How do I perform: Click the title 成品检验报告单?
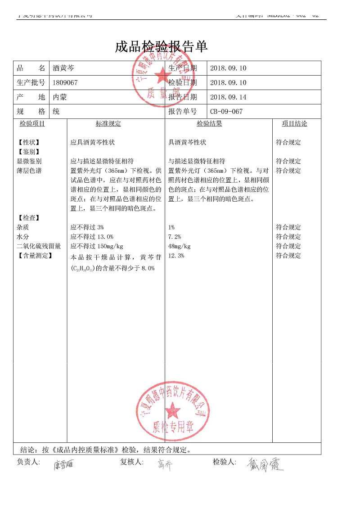[161, 46]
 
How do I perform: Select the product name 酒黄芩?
[63, 68]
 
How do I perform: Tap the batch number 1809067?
[65, 83]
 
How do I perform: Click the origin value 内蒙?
[60, 97]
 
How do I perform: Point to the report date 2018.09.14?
[229, 97]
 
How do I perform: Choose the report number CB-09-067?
[226, 112]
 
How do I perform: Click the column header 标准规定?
[108, 124]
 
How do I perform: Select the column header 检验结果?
[209, 124]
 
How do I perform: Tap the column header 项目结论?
[295, 124]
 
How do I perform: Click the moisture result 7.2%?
[175, 237]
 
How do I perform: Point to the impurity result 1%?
[171, 227]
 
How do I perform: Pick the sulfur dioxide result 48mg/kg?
[180, 246]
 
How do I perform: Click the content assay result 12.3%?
[176, 256]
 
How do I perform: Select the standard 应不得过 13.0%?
[92, 237]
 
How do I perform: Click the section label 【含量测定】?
[35, 256]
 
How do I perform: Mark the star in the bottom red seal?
[172, 410]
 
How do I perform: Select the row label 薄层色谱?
[29, 171]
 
